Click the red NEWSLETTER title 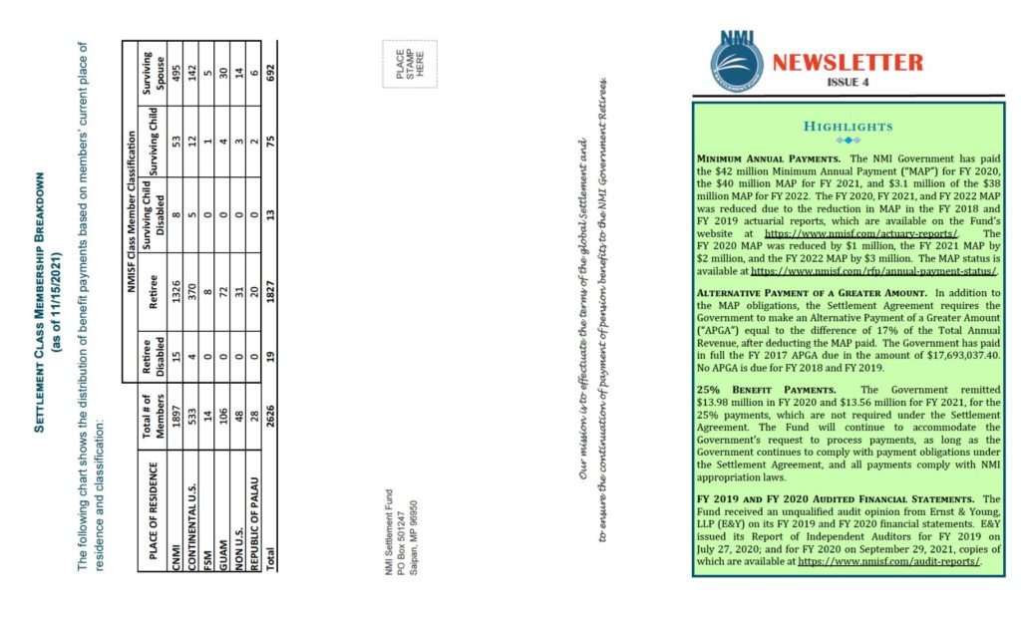point(849,62)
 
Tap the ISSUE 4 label point(848,83)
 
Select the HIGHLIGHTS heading point(848,127)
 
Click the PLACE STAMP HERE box point(409,64)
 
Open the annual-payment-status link point(874,270)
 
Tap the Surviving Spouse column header point(153,69)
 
